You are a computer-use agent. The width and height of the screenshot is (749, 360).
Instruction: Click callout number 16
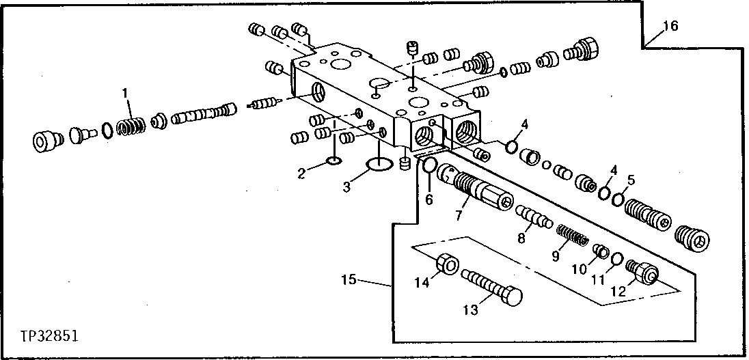(670, 26)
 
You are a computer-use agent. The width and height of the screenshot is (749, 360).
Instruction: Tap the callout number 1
(125, 92)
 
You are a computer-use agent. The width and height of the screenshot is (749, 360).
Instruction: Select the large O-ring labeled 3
(381, 165)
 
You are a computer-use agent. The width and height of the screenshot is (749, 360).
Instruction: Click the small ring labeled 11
(616, 260)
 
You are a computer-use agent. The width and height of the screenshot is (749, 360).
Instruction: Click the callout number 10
(579, 269)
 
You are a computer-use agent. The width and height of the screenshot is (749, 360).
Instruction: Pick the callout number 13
(470, 309)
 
